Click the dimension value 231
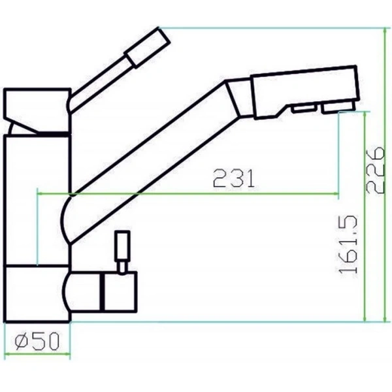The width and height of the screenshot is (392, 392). [x=233, y=178]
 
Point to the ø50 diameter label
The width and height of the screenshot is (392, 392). [x=37, y=340]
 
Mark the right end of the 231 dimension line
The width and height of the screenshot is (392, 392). [x=338, y=193]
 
